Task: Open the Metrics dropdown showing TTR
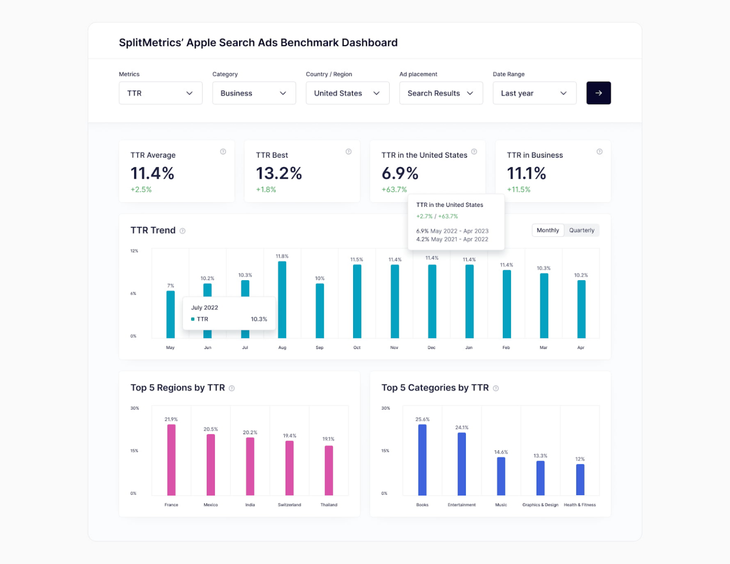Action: coord(160,93)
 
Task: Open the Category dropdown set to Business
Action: coord(254,93)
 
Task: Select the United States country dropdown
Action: coord(347,93)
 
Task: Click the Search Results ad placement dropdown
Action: coord(441,93)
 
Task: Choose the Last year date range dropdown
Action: coord(534,93)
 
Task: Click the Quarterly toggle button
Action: coord(582,230)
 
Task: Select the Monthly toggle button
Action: coord(547,230)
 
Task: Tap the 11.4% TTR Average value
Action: coord(153,173)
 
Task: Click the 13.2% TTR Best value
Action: coord(279,173)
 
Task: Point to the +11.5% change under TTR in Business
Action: coord(519,189)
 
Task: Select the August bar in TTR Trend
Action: coord(282,300)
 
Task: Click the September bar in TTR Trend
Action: coord(320,310)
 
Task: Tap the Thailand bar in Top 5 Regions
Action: coord(329,470)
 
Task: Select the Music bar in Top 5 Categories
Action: coord(501,476)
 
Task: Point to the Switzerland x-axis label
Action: coord(289,505)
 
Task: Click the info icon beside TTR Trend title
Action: coord(182,231)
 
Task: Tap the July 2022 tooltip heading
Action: coord(205,308)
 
